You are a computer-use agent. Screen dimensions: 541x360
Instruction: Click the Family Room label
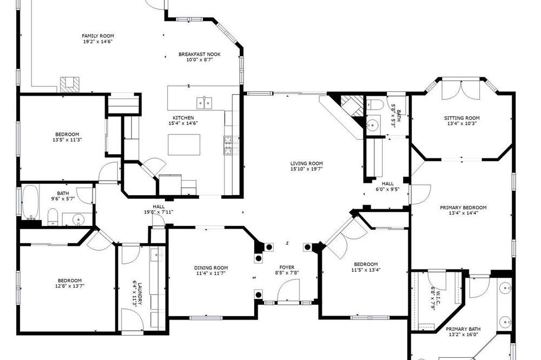(x=98, y=36)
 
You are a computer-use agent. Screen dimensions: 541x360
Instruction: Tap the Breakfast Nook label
(x=200, y=54)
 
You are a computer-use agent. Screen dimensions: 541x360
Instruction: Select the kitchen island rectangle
(x=184, y=144)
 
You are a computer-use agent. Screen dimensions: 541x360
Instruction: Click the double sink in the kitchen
(x=204, y=103)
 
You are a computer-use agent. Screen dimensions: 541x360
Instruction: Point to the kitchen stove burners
(x=228, y=145)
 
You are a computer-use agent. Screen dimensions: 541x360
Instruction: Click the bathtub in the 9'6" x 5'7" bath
(x=30, y=202)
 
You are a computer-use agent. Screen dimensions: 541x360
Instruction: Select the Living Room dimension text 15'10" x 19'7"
(x=306, y=169)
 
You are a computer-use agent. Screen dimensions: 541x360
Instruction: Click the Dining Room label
(x=211, y=268)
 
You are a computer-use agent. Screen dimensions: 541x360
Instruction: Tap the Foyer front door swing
(x=288, y=290)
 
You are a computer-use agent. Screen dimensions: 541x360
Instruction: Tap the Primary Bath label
(x=463, y=329)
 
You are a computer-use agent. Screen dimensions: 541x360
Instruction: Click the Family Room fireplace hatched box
(x=70, y=84)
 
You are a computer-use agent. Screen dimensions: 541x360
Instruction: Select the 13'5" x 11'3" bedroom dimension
(x=67, y=140)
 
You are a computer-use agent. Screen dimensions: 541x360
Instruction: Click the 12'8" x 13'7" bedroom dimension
(x=69, y=286)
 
